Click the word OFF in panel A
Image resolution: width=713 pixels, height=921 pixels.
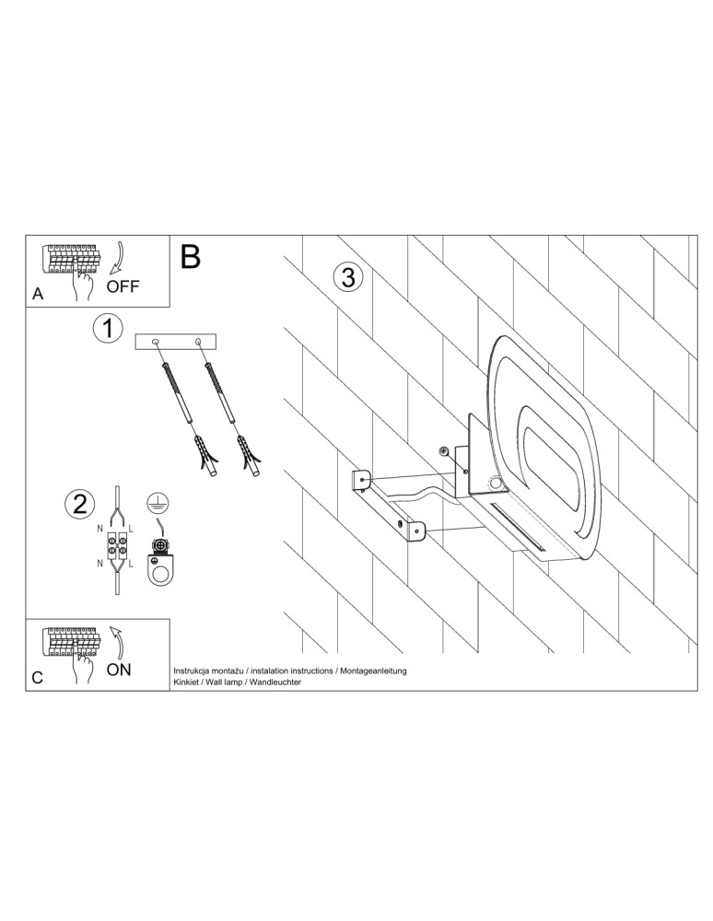click(123, 286)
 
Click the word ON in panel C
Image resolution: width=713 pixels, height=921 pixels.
click(119, 670)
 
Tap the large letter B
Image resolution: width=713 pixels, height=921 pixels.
click(191, 257)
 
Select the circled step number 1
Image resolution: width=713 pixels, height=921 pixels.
click(108, 328)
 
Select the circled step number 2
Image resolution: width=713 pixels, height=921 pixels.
click(80, 503)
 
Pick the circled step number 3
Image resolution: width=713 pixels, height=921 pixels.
click(347, 277)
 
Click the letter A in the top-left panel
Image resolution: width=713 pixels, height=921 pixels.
click(38, 295)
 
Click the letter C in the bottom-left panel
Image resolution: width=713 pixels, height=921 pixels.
click(38, 678)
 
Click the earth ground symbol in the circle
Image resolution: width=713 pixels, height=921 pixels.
click(158, 504)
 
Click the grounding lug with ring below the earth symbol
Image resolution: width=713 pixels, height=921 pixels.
click(162, 562)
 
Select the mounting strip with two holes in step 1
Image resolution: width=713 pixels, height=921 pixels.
click(178, 343)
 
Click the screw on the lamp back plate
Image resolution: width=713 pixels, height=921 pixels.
click(445, 450)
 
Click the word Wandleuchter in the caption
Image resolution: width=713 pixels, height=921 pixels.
click(275, 682)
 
